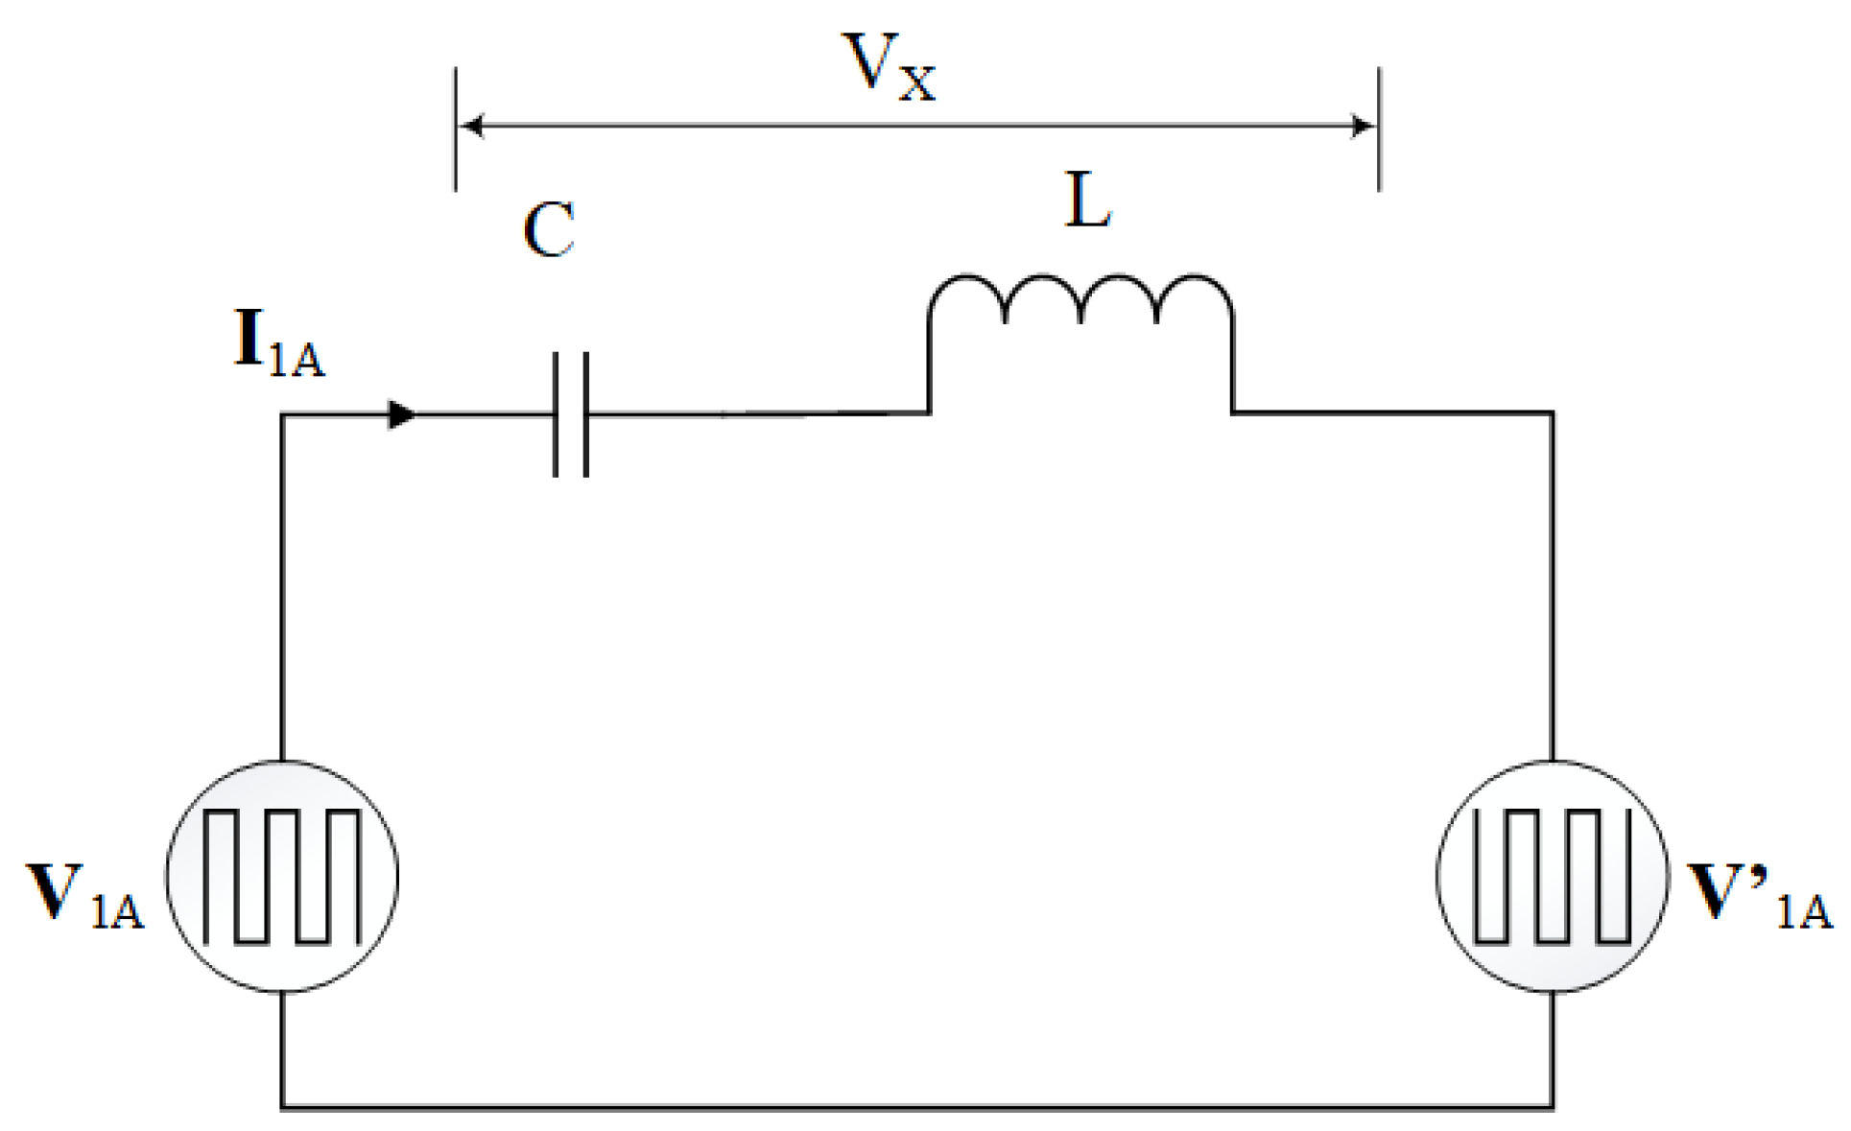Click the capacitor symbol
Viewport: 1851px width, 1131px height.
(x=571, y=414)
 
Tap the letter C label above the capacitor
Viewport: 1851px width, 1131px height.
(x=549, y=231)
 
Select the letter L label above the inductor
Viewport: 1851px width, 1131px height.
(x=1088, y=200)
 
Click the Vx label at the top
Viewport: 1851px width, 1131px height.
(x=888, y=67)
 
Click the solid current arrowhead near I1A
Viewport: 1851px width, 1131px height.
(x=401, y=414)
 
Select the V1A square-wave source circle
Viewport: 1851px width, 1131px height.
(x=282, y=877)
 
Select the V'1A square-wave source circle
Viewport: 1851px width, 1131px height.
(x=1553, y=877)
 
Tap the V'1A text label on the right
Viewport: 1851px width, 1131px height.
(x=1760, y=895)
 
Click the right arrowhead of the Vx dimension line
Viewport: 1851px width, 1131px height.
(x=1363, y=126)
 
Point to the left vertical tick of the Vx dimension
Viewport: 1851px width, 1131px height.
(x=456, y=130)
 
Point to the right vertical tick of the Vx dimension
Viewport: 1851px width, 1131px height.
(x=1380, y=130)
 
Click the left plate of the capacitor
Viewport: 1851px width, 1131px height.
(x=556, y=414)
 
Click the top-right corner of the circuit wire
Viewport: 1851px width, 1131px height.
(x=1552, y=413)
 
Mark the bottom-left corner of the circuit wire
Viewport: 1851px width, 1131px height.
(x=282, y=1107)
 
